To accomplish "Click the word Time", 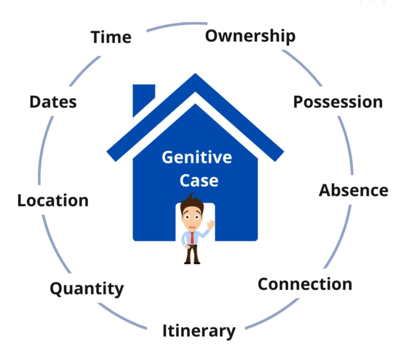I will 111,37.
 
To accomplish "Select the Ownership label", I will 250,36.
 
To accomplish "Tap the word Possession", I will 338,102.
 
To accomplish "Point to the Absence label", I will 353,190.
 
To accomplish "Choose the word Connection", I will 305,284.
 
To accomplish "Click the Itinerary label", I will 199,331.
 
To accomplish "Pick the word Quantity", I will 87,289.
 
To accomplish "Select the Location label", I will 53,200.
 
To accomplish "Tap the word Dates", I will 53,102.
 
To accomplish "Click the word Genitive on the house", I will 197,157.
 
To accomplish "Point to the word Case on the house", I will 199,180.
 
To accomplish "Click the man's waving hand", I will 211,225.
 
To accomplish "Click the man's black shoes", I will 192,262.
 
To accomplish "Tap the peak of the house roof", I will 196,77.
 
